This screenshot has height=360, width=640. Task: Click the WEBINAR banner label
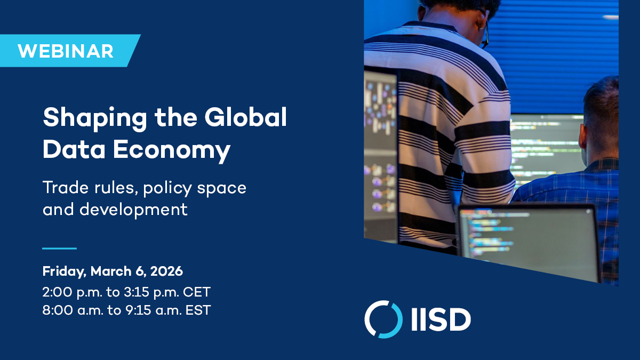(x=65, y=51)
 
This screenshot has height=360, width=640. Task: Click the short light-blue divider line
(x=59, y=249)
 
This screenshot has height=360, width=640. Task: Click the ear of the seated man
(x=586, y=131)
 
